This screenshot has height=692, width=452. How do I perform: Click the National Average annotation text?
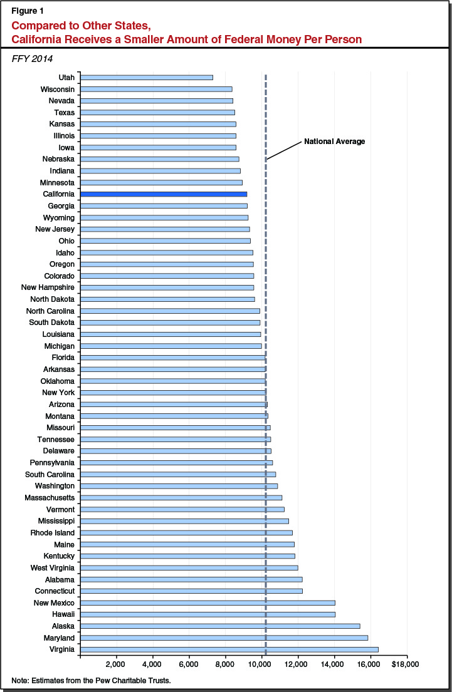[x=334, y=142]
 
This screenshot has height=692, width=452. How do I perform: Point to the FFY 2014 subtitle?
[x=31, y=59]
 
